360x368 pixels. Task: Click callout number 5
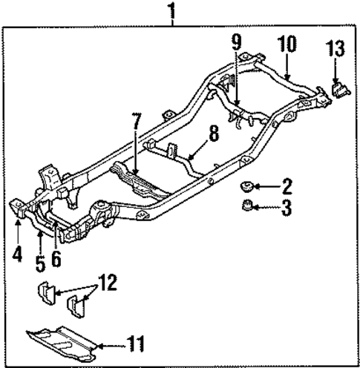[x=39, y=260]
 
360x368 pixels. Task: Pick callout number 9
[x=235, y=44]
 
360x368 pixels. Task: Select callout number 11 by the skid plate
[x=135, y=344]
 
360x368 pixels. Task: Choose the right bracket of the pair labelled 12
[x=77, y=306]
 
